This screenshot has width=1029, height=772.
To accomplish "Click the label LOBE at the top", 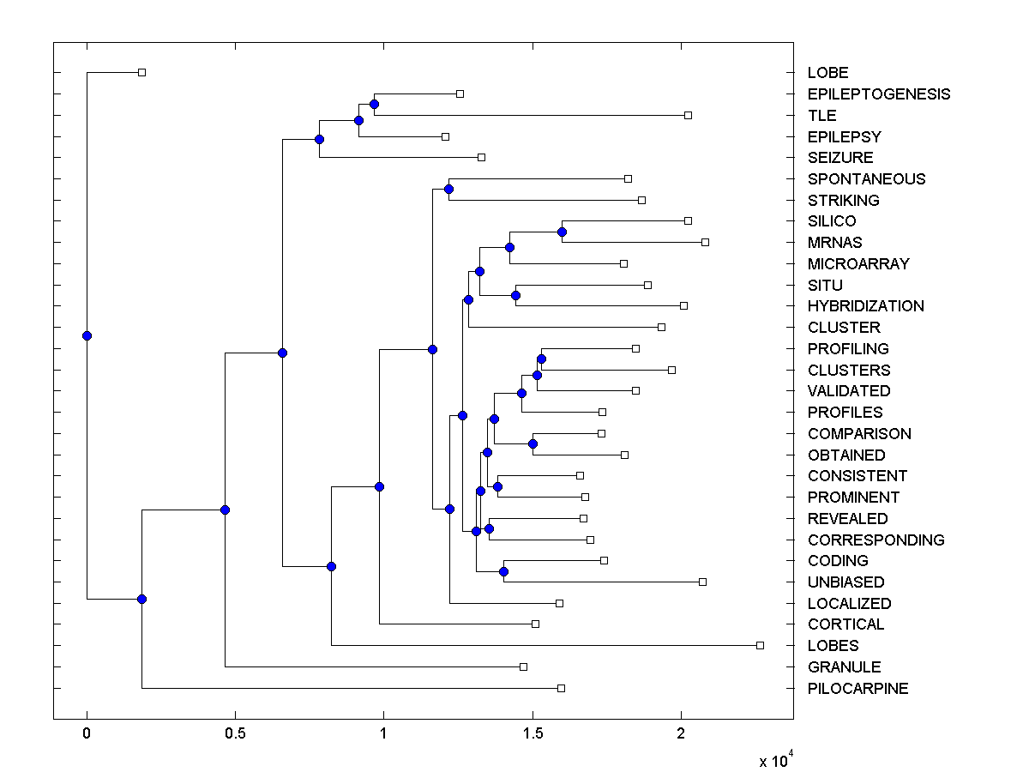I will (827, 73).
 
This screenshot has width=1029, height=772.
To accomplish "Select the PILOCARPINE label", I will (857, 689).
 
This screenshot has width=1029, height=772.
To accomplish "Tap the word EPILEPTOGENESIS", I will (878, 94).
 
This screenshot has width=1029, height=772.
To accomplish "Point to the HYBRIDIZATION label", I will (865, 306).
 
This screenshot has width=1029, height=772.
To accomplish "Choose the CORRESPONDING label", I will (876, 540).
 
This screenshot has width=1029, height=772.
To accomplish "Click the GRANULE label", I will (844, 667).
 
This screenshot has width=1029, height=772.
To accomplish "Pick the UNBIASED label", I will (845, 582).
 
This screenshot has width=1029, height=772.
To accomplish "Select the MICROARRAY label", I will (857, 264).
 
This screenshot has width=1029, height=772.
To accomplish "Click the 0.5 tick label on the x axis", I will (235, 734).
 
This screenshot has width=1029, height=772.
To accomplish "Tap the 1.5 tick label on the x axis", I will (532, 734).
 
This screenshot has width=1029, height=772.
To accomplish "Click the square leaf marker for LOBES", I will (760, 645).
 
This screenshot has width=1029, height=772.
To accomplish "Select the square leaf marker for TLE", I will (688, 115).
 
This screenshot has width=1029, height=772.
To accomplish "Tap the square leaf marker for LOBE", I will (142, 72).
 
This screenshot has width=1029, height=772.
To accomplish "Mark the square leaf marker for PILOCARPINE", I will (562, 688).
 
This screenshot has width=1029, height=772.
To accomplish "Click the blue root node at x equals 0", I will (87, 335).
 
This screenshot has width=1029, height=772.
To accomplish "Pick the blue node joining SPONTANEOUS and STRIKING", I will (448, 189).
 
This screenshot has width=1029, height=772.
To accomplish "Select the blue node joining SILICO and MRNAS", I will (563, 232).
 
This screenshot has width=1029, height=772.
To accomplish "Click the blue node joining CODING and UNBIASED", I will (504, 571).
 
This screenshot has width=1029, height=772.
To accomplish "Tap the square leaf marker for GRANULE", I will (524, 666).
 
